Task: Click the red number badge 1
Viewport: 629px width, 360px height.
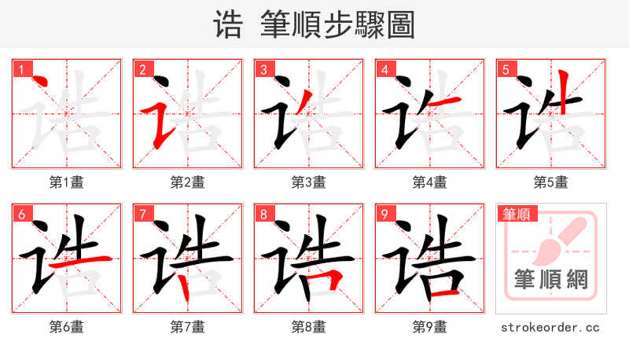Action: point(21,70)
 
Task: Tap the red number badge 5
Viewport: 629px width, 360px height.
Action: point(506,70)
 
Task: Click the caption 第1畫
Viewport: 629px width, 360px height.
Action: point(67,182)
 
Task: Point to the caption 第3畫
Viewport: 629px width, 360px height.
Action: point(309,182)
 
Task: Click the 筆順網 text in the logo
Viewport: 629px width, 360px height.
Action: point(551,279)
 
